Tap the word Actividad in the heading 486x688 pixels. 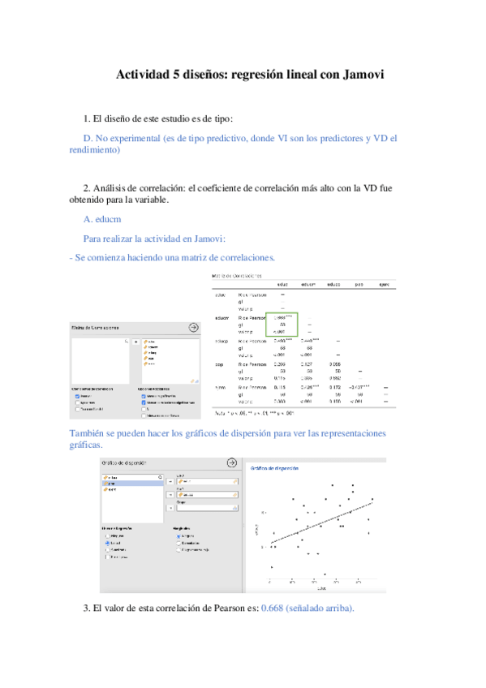click(142, 75)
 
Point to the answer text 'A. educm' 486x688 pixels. click(103, 218)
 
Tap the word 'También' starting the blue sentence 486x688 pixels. click(89, 433)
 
